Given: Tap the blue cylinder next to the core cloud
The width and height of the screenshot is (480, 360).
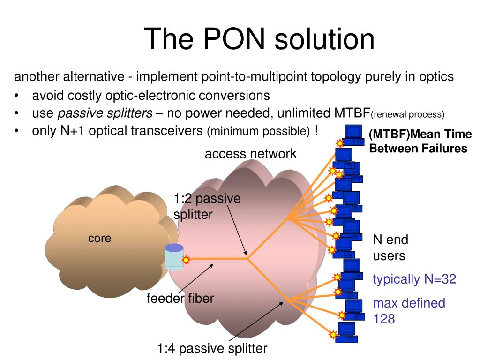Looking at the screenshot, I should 174,257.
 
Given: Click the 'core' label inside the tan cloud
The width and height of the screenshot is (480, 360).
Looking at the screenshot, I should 99,238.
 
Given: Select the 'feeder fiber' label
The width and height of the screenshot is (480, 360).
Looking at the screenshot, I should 180,298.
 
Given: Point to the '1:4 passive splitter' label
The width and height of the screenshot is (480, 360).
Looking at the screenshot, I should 212,348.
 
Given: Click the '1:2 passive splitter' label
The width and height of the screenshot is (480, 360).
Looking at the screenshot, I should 207,206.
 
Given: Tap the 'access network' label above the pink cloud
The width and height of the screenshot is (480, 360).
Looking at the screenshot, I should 250,153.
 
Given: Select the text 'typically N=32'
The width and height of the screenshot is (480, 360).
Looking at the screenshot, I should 414,279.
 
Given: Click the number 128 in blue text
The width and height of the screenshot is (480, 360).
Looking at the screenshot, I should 384,319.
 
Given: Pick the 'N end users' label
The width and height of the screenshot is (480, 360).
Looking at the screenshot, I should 390,247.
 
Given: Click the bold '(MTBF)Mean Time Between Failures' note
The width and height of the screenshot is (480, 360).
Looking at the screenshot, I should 420,142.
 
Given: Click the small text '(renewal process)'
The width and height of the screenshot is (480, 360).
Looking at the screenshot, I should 407,114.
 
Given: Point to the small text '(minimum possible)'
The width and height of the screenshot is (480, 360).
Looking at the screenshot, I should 258,132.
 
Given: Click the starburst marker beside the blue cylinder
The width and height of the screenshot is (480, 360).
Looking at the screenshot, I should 186,259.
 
